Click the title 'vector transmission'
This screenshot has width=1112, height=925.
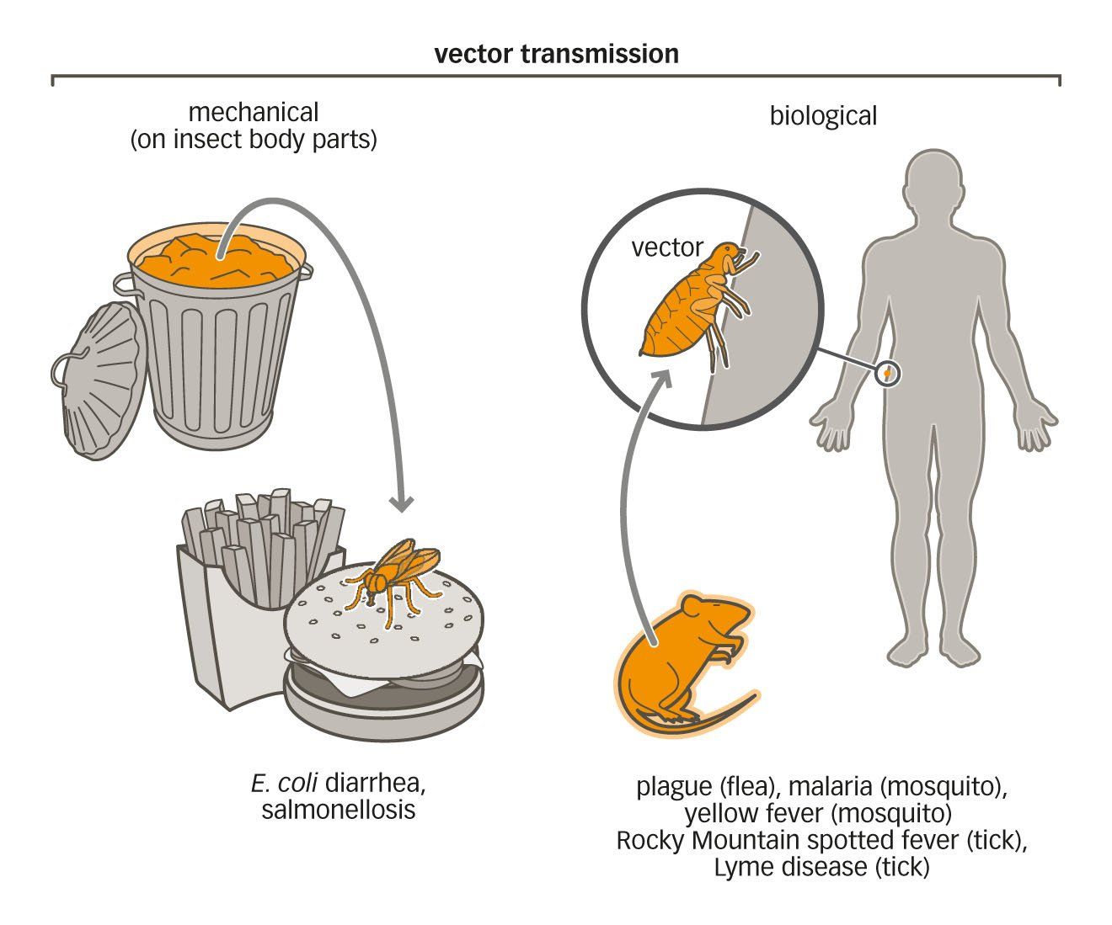pos(556,54)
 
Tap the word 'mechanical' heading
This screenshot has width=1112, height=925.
pos(253,112)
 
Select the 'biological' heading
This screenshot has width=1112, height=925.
pos(823,115)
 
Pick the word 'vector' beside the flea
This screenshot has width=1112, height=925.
pos(666,247)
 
